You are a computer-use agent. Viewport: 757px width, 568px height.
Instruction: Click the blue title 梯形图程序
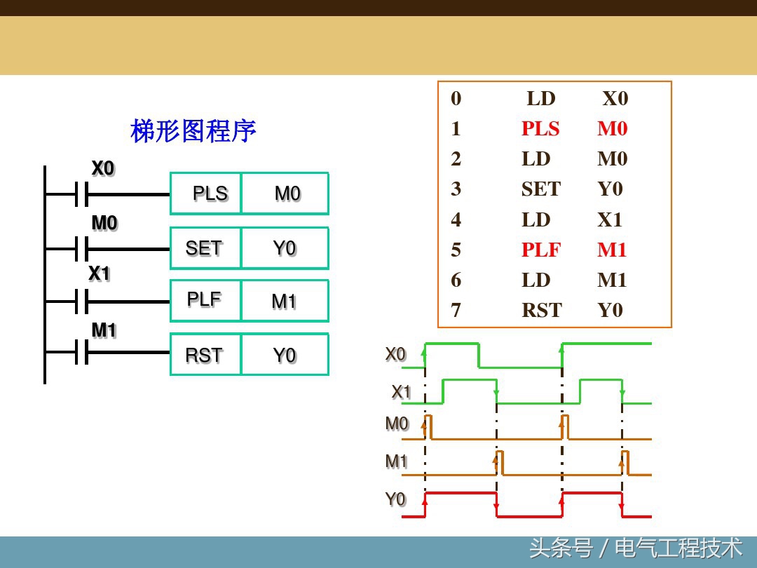coord(193,131)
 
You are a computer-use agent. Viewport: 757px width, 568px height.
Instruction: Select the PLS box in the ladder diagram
coord(207,194)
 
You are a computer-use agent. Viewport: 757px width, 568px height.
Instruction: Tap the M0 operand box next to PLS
coord(286,194)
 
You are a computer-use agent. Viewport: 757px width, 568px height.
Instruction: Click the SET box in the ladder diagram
coord(204,248)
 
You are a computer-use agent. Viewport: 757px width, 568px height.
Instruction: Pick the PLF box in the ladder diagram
coord(204,300)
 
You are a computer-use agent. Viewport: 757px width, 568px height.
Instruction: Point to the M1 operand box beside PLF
coord(284,302)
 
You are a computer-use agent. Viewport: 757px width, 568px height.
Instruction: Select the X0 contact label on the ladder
coord(102,169)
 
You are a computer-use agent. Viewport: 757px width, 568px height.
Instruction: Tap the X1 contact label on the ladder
coord(100,273)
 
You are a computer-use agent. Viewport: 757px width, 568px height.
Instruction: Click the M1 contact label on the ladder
coord(104,330)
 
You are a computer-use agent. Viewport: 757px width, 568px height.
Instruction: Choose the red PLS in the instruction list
coord(540,129)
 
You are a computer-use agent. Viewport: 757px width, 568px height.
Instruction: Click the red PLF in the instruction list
coord(540,250)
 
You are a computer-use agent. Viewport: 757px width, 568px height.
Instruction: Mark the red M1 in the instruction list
coord(612,250)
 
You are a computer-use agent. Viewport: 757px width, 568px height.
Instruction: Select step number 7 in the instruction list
coord(456,311)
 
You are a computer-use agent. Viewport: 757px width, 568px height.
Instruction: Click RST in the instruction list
coord(541,311)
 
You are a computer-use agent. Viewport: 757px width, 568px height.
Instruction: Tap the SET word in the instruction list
coord(540,189)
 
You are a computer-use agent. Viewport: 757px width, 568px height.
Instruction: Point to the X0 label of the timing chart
coord(395,355)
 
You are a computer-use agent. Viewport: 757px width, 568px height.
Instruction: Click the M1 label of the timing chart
coord(396,461)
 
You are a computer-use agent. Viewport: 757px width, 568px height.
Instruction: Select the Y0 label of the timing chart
coord(395,499)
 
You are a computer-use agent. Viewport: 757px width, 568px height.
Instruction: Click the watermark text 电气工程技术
coord(678,548)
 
